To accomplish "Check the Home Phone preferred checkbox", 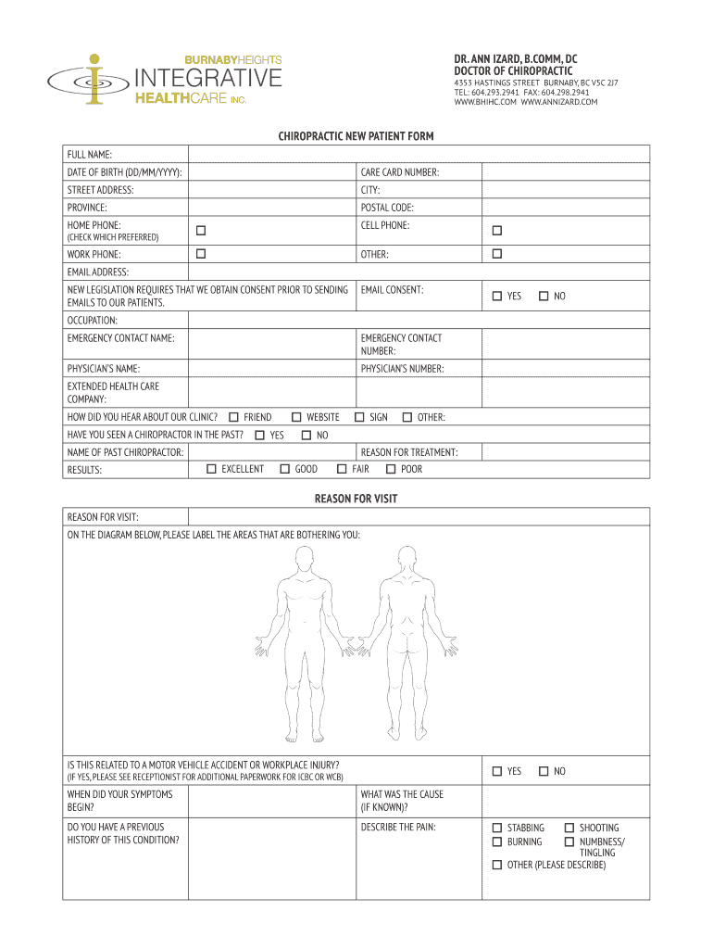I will point(199,230).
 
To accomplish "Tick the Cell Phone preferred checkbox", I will point(496,230).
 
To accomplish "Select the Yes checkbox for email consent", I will point(497,296).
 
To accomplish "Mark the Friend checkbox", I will point(233,417).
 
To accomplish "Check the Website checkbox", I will point(296,417).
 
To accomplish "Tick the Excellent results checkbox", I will point(211,469).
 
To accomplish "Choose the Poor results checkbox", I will point(390,469).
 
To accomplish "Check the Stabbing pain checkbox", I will point(497,828).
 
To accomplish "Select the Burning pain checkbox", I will point(497,841).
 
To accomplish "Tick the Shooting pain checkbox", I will point(569,828).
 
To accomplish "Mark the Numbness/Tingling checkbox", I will point(569,841).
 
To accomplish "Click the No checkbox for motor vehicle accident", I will point(544,771).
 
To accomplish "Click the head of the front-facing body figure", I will point(302,559).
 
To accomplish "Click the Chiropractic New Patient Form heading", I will point(356,136).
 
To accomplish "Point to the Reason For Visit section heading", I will point(356,499).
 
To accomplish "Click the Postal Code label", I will point(387,208).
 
